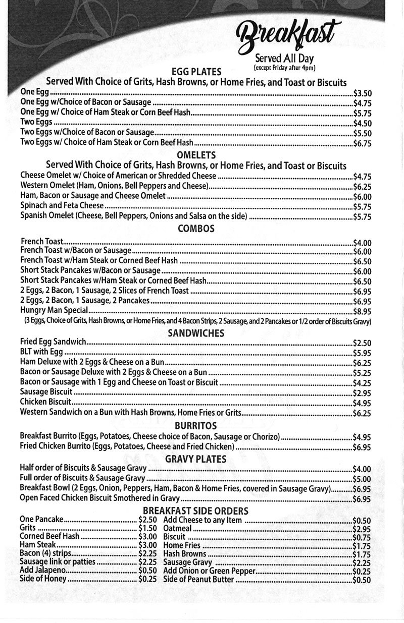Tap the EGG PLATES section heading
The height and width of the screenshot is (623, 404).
coord(196,72)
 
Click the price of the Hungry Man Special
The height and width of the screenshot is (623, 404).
coord(362,311)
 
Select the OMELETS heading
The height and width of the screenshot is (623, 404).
coord(196,155)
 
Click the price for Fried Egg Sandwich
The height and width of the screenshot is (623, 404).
coord(362,343)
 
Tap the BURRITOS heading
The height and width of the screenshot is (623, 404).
coord(196,426)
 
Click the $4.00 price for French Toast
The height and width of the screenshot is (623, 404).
coord(362,242)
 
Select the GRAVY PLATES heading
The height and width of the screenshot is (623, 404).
coord(196,459)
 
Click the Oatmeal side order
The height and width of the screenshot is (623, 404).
coord(178,528)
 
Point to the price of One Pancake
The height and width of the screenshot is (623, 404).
coord(147,520)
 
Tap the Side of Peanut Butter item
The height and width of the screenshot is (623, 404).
coord(198,580)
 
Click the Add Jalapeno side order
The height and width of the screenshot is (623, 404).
coord(43,571)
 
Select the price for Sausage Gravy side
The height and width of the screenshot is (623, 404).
coord(361,562)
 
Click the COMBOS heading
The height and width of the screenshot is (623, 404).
coord(196,229)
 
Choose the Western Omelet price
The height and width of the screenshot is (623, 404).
coord(362,186)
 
